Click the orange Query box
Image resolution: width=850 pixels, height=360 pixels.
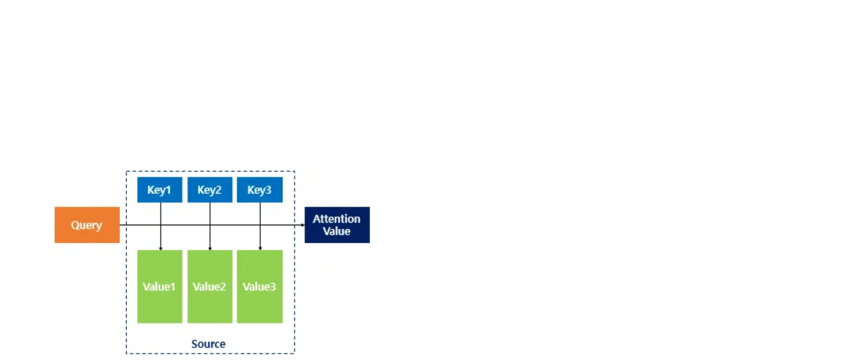(87, 225)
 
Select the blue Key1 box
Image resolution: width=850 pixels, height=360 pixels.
(159, 190)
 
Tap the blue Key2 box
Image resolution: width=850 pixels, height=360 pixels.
(209, 190)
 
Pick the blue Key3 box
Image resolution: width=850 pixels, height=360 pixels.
(259, 190)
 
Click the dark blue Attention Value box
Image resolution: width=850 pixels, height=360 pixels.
(337, 225)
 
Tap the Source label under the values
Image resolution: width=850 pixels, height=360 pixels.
(209, 344)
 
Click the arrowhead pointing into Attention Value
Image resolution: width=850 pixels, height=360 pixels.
(301, 225)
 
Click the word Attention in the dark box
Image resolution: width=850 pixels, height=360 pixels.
(337, 219)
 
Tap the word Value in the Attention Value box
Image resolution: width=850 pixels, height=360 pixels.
(337, 231)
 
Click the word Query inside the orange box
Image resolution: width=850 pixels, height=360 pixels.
(87, 225)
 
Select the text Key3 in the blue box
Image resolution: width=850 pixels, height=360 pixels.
(259, 190)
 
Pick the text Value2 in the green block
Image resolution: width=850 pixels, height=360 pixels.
(209, 287)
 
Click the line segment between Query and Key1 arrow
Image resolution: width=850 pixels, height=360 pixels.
(140, 225)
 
